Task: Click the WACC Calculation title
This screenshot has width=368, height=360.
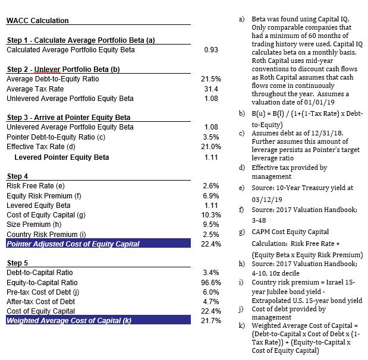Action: [37, 21]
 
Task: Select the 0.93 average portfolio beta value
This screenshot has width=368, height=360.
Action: [210, 50]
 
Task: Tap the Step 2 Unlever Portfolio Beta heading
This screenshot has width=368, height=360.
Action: [63, 70]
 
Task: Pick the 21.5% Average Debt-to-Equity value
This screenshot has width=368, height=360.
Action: [211, 79]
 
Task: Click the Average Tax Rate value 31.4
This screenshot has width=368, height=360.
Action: [211, 89]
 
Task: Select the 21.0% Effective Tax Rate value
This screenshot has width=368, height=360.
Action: [211, 146]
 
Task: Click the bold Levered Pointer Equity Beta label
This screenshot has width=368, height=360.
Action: [62, 157]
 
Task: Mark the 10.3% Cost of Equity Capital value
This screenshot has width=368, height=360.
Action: [211, 215]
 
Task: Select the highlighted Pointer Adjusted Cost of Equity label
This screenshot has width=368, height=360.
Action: [73, 244]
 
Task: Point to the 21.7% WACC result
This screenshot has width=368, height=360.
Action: [211, 321]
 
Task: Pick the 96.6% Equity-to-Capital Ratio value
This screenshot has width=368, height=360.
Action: [211, 282]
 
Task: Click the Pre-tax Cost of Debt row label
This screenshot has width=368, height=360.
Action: [39, 292]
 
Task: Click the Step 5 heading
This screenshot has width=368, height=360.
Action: [18, 263]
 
